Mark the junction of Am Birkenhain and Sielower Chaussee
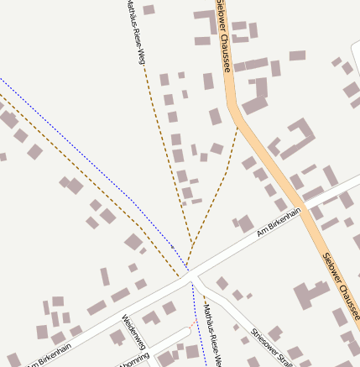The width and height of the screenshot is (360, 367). click(305, 209)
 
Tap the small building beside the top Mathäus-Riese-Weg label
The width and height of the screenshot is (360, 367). click(149, 10)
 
